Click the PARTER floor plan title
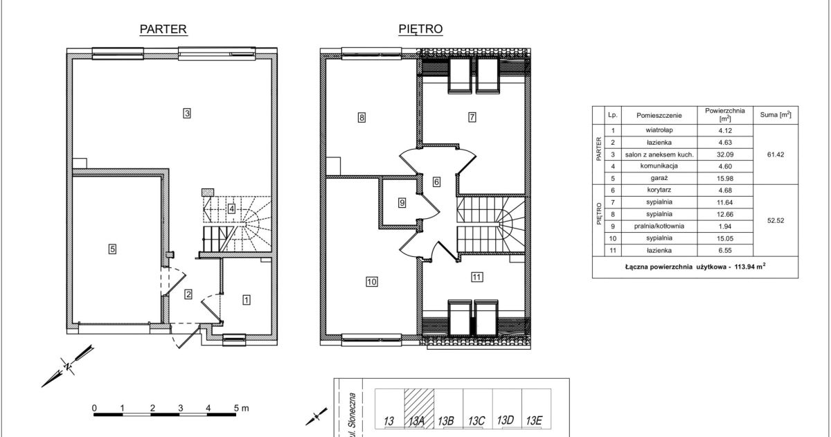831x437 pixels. click(163, 29)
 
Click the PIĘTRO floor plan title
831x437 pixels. click(421, 29)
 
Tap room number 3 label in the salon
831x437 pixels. click(187, 113)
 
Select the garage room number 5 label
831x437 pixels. click(112, 249)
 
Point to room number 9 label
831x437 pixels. click(402, 203)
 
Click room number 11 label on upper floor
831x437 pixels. click(476, 277)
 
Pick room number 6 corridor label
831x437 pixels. click(437, 182)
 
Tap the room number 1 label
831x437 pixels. click(247, 300)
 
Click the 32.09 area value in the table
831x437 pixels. click(725, 154)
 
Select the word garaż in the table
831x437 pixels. click(659, 179)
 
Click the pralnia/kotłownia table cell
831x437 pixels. click(659, 226)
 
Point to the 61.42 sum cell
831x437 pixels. click(776, 154)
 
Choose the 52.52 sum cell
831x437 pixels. click(776, 220)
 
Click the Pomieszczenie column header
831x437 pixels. click(659, 116)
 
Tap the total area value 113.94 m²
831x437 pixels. click(750, 267)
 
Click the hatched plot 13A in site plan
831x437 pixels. click(419, 409)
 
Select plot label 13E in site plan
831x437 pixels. click(534, 420)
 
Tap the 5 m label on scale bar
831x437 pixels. click(241, 409)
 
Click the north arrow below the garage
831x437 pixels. click(68, 366)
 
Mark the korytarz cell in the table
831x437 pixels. click(659, 190)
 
